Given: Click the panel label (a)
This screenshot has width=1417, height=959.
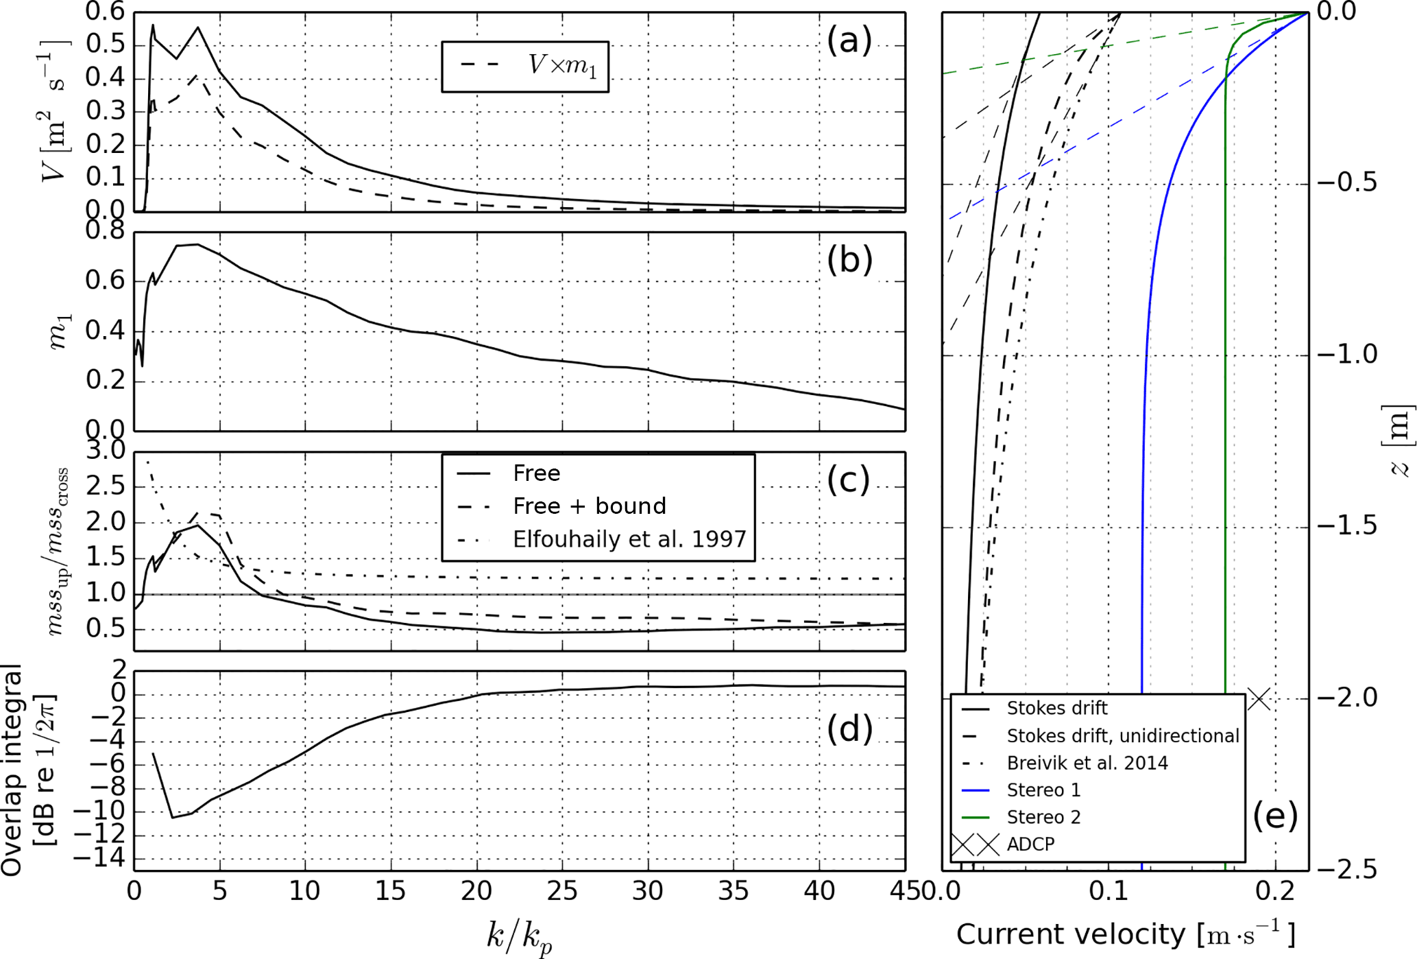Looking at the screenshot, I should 849,41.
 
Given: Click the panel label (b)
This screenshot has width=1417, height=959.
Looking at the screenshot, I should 849,261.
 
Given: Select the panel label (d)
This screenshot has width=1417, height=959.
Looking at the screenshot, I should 849,729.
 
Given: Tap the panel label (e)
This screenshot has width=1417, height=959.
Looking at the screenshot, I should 1275,816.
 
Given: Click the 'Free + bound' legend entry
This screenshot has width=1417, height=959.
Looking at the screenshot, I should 589,506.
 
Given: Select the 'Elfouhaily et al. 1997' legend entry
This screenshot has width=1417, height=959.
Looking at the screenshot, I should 629,539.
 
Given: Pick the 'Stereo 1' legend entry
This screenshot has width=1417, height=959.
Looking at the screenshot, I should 1043,790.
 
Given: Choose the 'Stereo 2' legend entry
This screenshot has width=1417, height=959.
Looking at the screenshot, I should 1043,817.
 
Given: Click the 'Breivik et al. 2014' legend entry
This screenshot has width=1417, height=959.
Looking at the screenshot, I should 1087,763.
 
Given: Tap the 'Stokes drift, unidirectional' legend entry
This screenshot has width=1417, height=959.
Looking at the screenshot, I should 1122,736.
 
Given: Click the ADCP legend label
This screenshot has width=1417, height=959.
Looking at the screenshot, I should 1030,844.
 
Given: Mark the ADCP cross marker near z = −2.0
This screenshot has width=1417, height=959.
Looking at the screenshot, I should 1259,699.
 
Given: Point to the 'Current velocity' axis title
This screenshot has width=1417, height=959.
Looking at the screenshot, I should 1125,934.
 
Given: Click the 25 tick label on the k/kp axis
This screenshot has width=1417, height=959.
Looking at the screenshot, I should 562,891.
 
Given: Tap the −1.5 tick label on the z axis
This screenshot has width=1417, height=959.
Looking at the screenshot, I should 1347,526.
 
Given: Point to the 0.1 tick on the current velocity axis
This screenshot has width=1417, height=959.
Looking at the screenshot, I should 1109,891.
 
